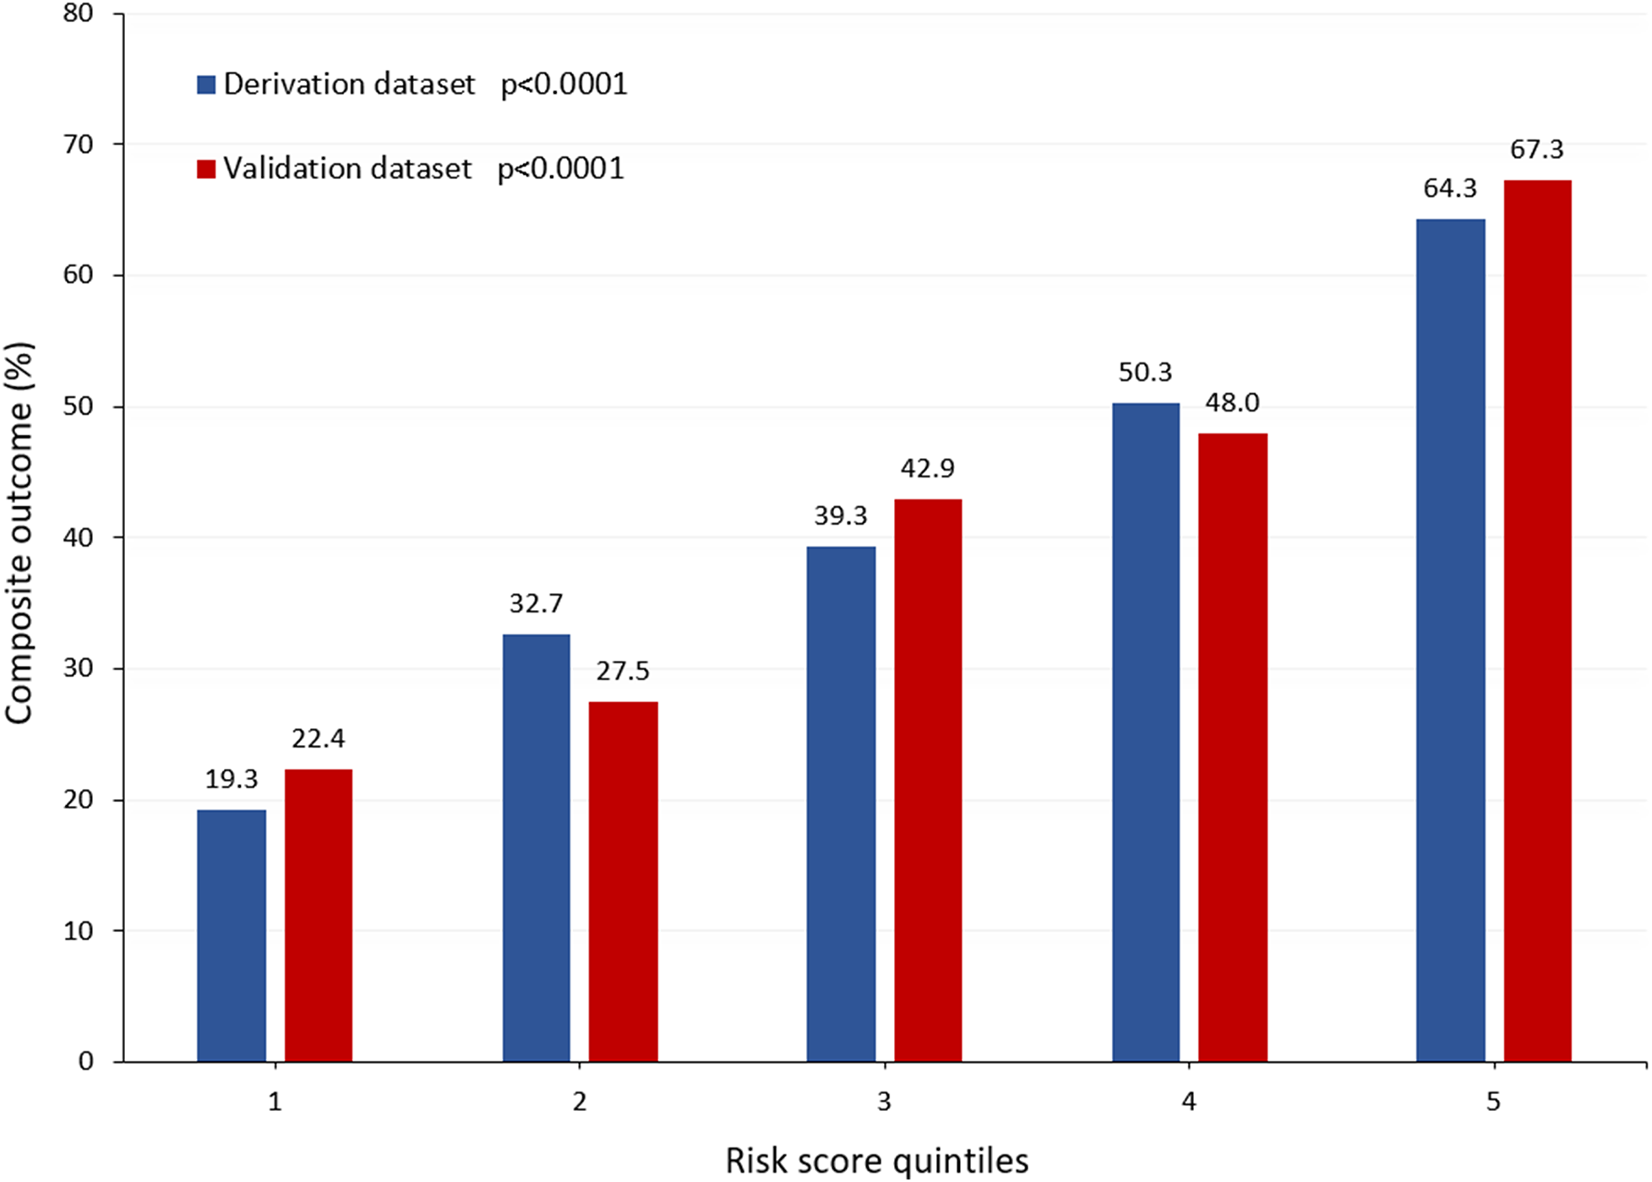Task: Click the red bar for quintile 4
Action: point(1232,747)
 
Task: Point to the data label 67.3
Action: point(1536,150)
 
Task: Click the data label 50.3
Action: point(1145,373)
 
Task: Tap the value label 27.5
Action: point(623,672)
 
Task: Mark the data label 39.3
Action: point(840,516)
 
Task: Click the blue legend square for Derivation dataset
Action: point(206,84)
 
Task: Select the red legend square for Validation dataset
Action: point(206,169)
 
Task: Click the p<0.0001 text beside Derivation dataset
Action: point(564,84)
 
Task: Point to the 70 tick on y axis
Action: point(78,144)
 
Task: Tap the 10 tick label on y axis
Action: point(78,931)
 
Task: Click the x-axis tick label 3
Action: point(884,1103)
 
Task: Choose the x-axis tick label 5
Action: point(1493,1103)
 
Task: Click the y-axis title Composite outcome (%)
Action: point(19,532)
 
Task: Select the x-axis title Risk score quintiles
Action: point(876,1161)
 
